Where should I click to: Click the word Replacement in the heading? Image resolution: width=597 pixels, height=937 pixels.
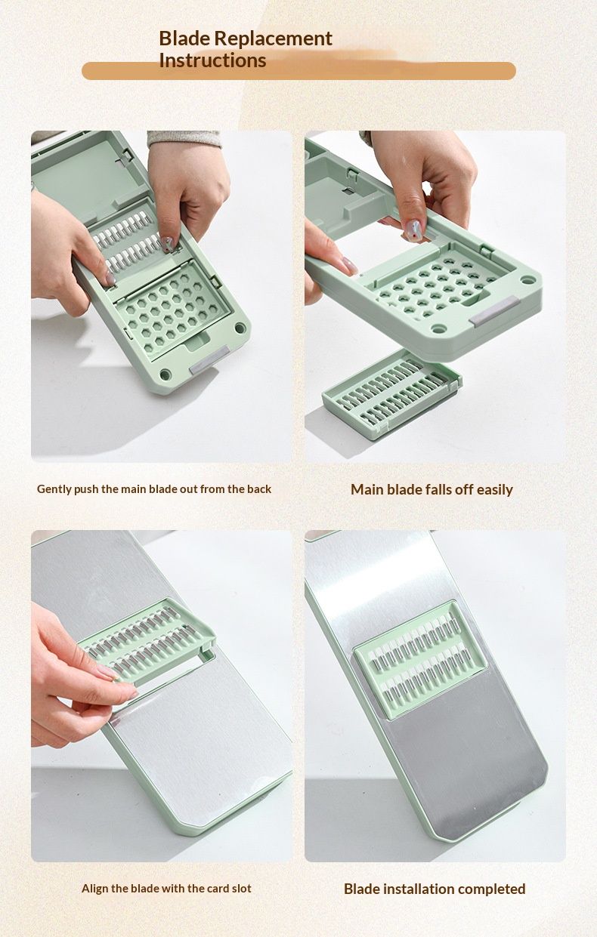tap(274, 39)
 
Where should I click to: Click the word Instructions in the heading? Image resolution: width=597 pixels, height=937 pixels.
tap(212, 60)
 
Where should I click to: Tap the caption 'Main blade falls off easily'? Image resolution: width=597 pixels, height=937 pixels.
tap(432, 489)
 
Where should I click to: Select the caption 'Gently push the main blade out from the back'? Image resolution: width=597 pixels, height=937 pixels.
tap(154, 489)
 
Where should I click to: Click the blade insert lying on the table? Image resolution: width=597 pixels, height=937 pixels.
tap(392, 394)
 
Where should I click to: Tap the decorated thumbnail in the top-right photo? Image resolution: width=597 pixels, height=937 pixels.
tap(412, 230)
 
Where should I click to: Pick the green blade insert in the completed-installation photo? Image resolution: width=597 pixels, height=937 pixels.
tap(420, 660)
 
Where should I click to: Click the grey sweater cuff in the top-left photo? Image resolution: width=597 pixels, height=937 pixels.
tap(184, 138)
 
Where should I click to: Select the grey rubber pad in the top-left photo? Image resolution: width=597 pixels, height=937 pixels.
tap(209, 361)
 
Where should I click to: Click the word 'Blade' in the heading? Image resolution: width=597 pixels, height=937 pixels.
tap(184, 39)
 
